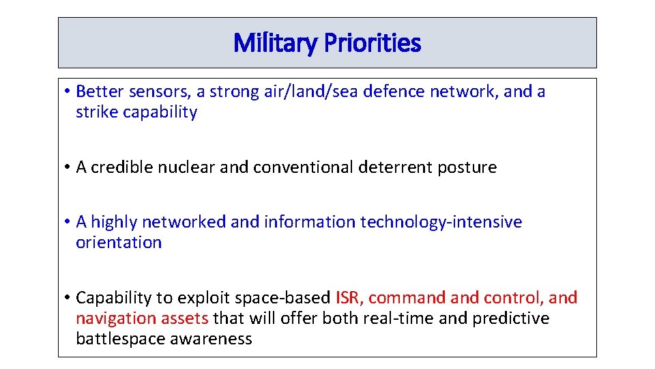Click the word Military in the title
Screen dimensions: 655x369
(275, 43)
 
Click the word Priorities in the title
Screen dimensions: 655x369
(373, 42)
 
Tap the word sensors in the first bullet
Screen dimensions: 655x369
(160, 92)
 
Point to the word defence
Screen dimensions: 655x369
(394, 91)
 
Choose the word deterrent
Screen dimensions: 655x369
(395, 167)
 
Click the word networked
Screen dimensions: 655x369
(184, 221)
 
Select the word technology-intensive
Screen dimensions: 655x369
(441, 222)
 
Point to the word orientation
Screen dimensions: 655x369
(119, 242)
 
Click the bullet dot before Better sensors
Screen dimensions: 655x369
(68, 91)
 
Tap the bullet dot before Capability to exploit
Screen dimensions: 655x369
(68, 297)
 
